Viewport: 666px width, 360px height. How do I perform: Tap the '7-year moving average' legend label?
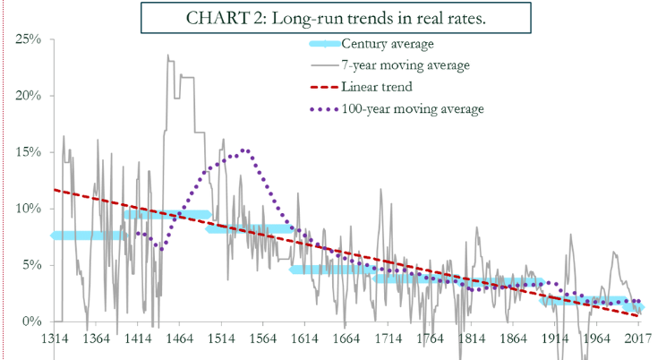point(406,64)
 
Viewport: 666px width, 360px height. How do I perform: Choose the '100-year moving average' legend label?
point(413,108)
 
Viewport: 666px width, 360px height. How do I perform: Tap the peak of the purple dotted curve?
point(244,150)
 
